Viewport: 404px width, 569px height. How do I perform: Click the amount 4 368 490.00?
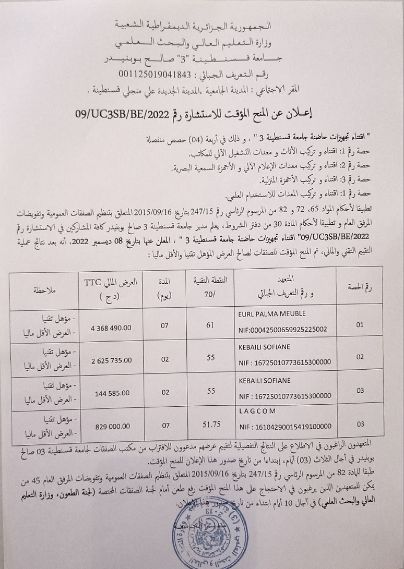(x=111, y=329)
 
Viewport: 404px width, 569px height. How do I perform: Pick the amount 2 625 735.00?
(x=111, y=360)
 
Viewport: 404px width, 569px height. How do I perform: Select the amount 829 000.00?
(x=110, y=426)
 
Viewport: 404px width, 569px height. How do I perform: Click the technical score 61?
(x=211, y=325)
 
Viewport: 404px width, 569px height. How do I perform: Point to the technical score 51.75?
(x=211, y=426)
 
